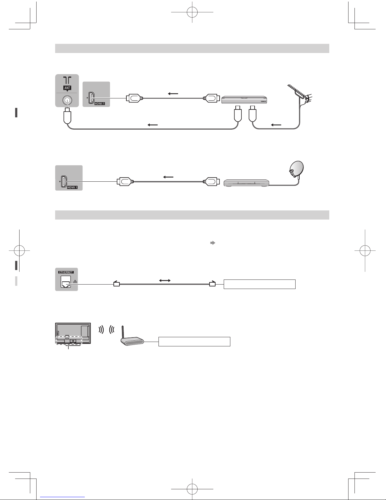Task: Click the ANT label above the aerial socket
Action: pos(67,88)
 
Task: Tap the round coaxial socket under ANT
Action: pos(67,100)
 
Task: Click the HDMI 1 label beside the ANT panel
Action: pos(100,104)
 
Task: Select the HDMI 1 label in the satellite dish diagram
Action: pos(72,187)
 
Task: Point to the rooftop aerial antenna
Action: pos(300,94)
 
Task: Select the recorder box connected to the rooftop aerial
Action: pos(244,100)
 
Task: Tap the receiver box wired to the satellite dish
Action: pos(246,183)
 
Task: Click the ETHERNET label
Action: pos(66,272)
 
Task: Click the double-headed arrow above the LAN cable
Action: pos(165,280)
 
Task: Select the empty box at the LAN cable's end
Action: pos(260,284)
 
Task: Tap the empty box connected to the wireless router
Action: pos(194,341)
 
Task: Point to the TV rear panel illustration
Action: pos(73,333)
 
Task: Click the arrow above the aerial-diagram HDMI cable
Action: pos(173,94)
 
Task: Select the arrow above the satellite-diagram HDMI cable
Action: pos(168,177)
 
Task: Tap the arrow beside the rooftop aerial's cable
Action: pos(276,125)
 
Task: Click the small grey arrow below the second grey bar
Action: pos(213,243)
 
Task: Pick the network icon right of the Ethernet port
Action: pos(75,282)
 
